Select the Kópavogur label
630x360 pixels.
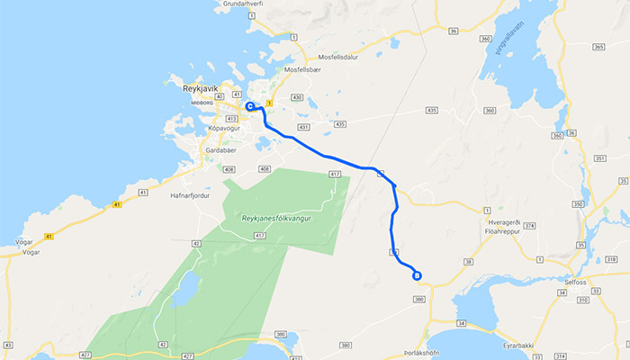226,129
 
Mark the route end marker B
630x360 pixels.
416,275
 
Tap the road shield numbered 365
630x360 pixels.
598,46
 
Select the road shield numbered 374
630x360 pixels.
529,226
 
